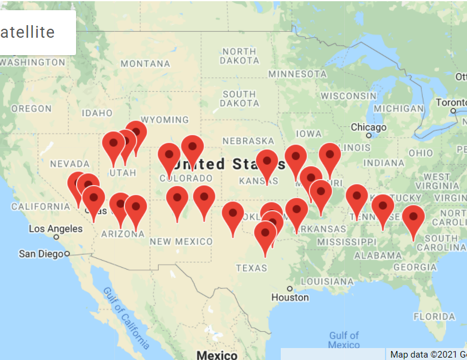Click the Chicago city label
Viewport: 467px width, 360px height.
click(368, 128)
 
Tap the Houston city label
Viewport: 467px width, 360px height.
click(290, 297)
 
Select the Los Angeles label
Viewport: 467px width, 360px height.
click(56, 229)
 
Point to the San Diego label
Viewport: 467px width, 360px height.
click(41, 253)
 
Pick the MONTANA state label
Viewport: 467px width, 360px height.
click(145, 63)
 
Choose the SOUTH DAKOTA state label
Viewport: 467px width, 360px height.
click(239, 99)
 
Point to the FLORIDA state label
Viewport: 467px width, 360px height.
click(434, 316)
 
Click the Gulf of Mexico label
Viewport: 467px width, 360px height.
click(344, 340)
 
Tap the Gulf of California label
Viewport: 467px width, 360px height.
click(126, 317)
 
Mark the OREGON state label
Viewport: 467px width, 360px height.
click(31, 108)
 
